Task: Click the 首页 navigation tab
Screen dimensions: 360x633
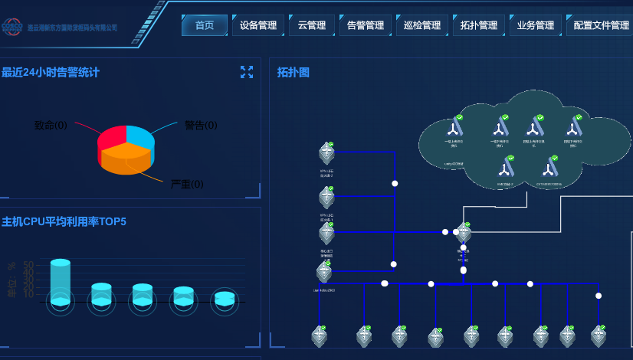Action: tap(205, 25)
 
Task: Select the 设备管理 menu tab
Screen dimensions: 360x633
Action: tap(258, 25)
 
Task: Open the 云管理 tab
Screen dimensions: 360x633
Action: tap(312, 25)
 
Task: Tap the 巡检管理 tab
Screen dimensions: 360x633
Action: tap(422, 25)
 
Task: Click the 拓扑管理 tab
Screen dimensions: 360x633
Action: tap(479, 25)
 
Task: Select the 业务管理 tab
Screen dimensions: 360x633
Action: tap(536, 25)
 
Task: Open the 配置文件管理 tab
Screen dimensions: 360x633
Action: tap(601, 25)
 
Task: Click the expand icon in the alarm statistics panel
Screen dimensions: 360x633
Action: tap(247, 72)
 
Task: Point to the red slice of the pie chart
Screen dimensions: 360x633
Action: tap(110, 139)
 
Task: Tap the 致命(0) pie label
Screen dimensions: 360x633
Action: tap(51, 125)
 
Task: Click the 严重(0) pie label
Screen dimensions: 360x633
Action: tap(187, 185)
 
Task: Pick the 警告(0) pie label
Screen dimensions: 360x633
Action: tap(201, 125)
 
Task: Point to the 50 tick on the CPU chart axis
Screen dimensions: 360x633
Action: tap(28, 266)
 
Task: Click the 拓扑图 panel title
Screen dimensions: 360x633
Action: tap(294, 73)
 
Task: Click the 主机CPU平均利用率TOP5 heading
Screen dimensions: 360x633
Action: tap(64, 222)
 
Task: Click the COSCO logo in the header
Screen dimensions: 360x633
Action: tap(13, 26)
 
